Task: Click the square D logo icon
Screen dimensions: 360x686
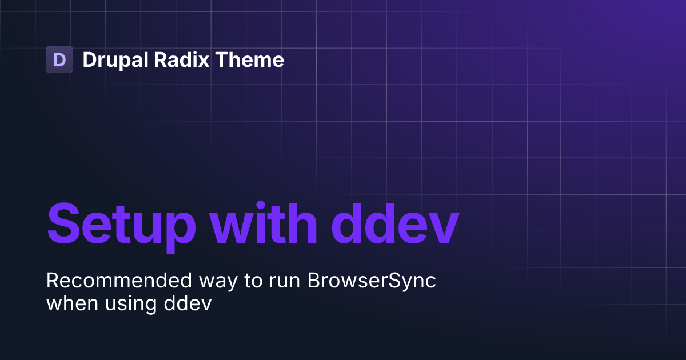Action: [59, 59]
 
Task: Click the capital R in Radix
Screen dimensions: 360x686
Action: [159, 60]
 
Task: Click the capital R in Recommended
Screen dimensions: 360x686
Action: [52, 281]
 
